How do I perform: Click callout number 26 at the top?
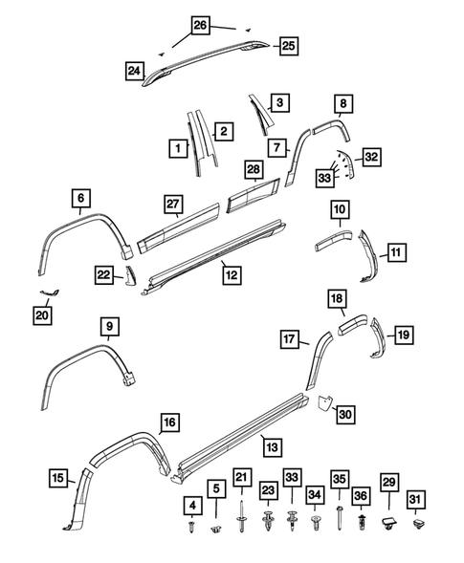[x=199, y=26]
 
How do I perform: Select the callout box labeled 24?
[x=136, y=69]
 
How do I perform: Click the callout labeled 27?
[x=172, y=204]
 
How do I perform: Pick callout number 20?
[x=41, y=314]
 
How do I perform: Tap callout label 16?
[x=168, y=422]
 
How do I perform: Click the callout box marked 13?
[x=272, y=445]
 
